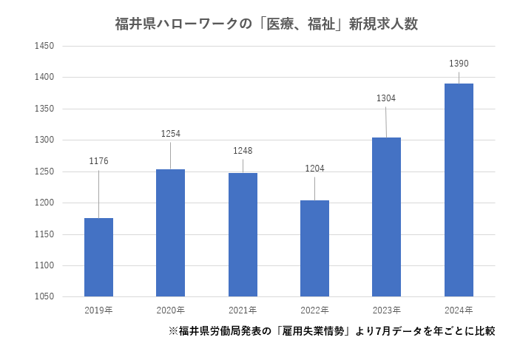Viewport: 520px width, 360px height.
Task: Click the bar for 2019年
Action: click(x=99, y=257)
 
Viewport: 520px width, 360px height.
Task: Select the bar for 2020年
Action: click(x=171, y=233)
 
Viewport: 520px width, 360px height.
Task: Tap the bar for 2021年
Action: click(x=243, y=234)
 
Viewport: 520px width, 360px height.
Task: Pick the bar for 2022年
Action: click(x=314, y=248)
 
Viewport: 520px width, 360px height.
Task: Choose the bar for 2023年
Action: click(x=386, y=217)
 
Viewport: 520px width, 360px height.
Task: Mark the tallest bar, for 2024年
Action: click(x=459, y=190)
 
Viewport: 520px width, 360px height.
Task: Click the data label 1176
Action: click(x=99, y=161)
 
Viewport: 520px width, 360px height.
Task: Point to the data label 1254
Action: click(x=171, y=134)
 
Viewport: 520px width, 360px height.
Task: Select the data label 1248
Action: click(x=243, y=151)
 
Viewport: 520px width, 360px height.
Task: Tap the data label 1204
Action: click(x=314, y=169)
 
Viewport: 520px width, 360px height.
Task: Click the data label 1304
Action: click(x=386, y=98)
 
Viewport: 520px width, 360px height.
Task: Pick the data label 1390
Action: click(x=459, y=64)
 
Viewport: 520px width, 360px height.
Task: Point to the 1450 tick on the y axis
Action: click(x=45, y=46)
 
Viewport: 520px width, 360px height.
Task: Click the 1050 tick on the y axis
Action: click(x=45, y=297)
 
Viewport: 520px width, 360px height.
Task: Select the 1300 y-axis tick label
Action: click(x=45, y=140)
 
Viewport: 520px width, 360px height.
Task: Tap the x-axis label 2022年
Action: click(x=314, y=309)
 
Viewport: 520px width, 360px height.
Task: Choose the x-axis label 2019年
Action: click(x=99, y=309)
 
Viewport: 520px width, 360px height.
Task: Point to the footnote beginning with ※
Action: click(x=331, y=331)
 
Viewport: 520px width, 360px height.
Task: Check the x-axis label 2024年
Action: click(x=459, y=309)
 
